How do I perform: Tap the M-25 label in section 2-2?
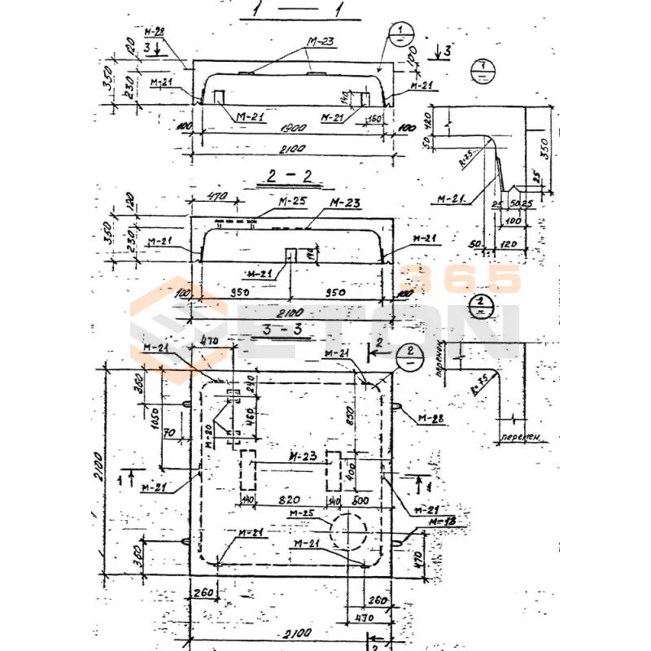point(267,201)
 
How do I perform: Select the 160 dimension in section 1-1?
point(376,119)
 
